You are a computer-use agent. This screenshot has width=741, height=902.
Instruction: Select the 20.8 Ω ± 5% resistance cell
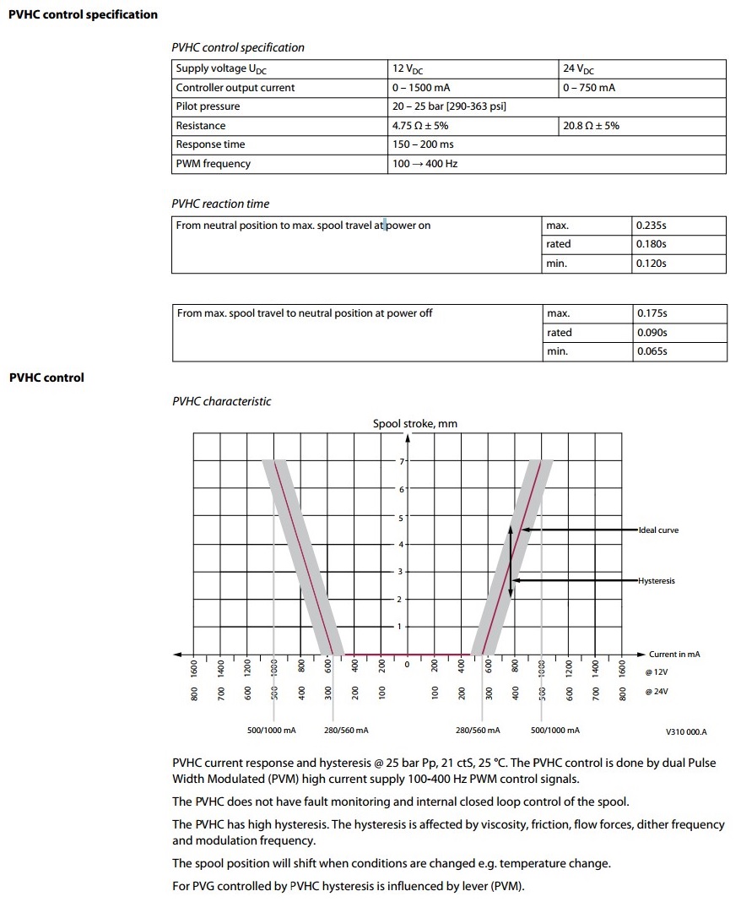click(591, 126)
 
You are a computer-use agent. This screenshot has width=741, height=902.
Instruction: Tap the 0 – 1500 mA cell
click(420, 88)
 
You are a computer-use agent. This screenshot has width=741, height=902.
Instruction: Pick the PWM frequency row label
click(213, 164)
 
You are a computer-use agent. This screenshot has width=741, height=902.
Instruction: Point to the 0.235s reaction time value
click(652, 225)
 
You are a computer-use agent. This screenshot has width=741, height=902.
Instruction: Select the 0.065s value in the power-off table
click(652, 351)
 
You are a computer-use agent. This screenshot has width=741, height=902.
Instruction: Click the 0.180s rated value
click(652, 244)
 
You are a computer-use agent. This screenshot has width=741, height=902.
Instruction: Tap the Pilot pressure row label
click(208, 106)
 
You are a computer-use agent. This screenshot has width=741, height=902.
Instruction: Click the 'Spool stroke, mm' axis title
click(415, 424)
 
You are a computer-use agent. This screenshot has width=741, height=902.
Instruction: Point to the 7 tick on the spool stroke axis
click(403, 461)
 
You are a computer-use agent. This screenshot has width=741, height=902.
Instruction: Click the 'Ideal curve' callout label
click(658, 530)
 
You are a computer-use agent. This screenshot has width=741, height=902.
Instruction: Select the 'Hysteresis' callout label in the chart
click(657, 581)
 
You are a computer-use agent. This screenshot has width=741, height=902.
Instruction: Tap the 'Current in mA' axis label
click(674, 655)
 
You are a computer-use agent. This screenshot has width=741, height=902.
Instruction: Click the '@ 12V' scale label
click(656, 672)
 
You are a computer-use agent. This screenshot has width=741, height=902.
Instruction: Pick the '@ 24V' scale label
click(656, 692)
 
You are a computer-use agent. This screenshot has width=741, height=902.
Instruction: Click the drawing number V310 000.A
click(686, 731)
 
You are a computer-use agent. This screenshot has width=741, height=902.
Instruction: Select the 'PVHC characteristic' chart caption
click(222, 402)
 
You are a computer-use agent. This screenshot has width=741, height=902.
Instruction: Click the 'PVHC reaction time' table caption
click(220, 204)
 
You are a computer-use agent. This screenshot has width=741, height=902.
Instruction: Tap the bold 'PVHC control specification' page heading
click(83, 14)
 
